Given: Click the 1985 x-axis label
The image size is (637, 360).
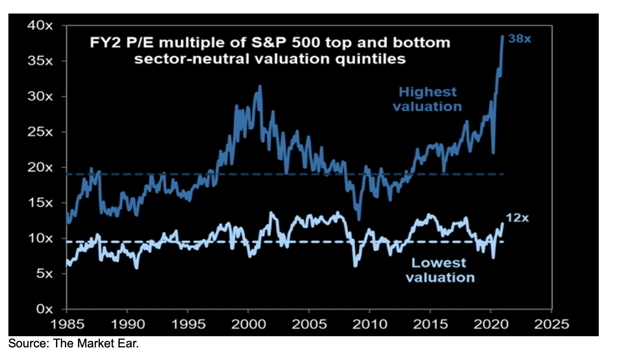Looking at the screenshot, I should [x=67, y=324].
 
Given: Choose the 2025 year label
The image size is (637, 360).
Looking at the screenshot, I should [x=551, y=324].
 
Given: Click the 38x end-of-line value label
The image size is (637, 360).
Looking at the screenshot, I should [x=519, y=39].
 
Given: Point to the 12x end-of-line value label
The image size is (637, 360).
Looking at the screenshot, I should [x=517, y=218].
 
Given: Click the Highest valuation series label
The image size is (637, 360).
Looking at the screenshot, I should [x=427, y=99].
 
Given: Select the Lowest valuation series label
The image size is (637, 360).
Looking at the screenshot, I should [x=440, y=270].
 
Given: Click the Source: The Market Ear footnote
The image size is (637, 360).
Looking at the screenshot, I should [x=74, y=344].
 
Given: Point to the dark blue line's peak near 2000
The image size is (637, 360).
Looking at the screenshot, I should [x=260, y=86].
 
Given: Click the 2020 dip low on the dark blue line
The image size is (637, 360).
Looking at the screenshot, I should [x=493, y=153].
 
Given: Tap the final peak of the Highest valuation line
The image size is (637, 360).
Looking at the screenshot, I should [x=503, y=35].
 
